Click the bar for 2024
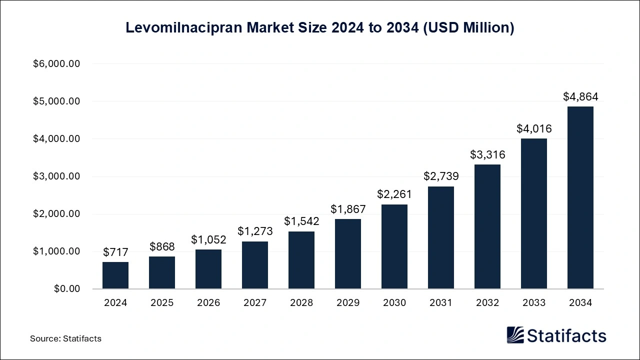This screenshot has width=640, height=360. click(115, 275)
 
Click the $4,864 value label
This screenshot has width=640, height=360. click(580, 96)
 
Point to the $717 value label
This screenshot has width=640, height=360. click(115, 252)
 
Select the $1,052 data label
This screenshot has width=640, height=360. click(208, 239)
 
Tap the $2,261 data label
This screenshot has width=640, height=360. click(394, 194)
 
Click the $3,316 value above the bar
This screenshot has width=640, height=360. click(487, 154)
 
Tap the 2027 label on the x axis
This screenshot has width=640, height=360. click(255, 303)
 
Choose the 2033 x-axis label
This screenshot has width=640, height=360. click(533, 303)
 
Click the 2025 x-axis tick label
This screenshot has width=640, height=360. click(162, 303)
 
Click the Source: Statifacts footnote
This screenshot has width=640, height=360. click(65, 338)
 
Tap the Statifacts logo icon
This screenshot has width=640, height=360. click(515, 335)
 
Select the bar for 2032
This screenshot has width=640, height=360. click(487, 226)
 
